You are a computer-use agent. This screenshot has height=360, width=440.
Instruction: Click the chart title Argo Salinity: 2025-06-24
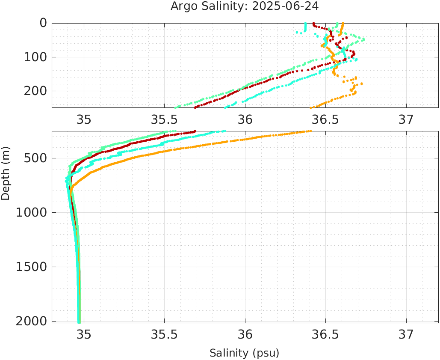coord(245,6)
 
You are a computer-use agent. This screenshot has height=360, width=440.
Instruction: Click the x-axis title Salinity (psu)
coord(245,353)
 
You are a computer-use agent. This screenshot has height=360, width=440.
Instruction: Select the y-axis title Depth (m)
coord(6,172)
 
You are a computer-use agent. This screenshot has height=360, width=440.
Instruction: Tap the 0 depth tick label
coord(44,23)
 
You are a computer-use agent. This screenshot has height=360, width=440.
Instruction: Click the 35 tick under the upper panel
coord(84,119)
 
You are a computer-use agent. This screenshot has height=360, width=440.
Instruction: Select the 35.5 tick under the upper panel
coord(164,119)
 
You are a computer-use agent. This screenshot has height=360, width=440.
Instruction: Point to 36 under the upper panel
coord(245,119)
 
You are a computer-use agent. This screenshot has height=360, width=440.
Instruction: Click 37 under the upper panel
coord(406,119)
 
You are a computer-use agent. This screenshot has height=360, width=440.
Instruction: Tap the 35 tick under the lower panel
coord(84,334)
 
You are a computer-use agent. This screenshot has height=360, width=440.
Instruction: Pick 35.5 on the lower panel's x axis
coord(164,334)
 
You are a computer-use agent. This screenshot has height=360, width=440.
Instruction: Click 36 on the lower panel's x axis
coord(245,334)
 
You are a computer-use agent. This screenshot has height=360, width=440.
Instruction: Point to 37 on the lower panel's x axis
coord(406,334)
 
